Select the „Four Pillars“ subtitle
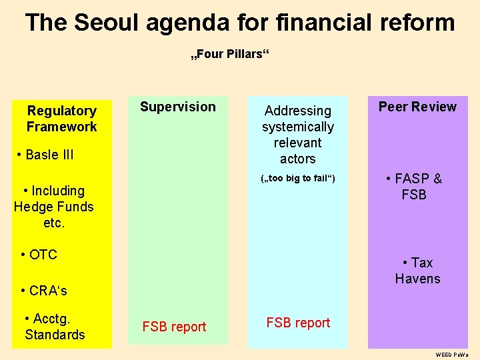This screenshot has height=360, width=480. tap(230, 54)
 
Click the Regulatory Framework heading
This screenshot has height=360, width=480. tap(61, 119)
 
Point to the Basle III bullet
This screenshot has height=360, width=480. tap(46, 155)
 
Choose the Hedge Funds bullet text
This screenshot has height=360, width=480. tap(53, 207)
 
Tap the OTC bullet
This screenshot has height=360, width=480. tap(39, 255)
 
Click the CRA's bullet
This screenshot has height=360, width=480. tap(44, 291)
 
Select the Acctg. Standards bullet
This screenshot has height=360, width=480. tap(55, 327)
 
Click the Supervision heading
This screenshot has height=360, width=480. tap(177, 107)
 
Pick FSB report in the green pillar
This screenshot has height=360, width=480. tap(174, 327)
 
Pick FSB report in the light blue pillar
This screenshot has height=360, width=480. tap(298, 323)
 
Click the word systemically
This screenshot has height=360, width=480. tap(298, 127)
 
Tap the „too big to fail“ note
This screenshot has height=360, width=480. tap(297, 179)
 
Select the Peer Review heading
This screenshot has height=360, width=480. tap(417, 107)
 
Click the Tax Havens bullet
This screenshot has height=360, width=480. tap(417, 271)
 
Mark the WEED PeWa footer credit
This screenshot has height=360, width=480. tap(452, 355)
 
